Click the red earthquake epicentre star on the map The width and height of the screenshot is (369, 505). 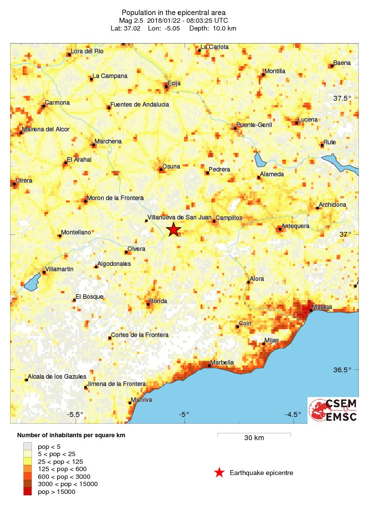coord(173,230)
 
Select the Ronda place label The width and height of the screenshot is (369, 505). coord(158,301)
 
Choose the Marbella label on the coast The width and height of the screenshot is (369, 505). coord(222,362)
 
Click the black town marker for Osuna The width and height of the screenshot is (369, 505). coord(161,169)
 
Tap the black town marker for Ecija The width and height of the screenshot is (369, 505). coord(166,87)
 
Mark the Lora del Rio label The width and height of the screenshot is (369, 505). coord(87,51)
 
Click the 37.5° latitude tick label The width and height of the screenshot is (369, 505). coord(342,98)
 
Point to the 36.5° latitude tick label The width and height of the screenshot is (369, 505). coord(342,370)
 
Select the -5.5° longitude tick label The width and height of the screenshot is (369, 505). coord(75,414)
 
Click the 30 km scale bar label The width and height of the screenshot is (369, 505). coord(254,438)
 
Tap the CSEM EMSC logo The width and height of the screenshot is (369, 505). coord(333,410)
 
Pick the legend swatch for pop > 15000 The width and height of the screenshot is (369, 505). coord(29,492)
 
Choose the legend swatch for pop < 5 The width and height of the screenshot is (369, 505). coord(29,446)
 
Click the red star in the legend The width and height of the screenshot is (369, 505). coord(219,473)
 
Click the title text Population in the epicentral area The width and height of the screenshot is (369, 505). coord(174,13)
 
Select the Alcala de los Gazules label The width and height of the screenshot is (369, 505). coord(57,377)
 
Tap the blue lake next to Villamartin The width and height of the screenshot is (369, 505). coord(31,282)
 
